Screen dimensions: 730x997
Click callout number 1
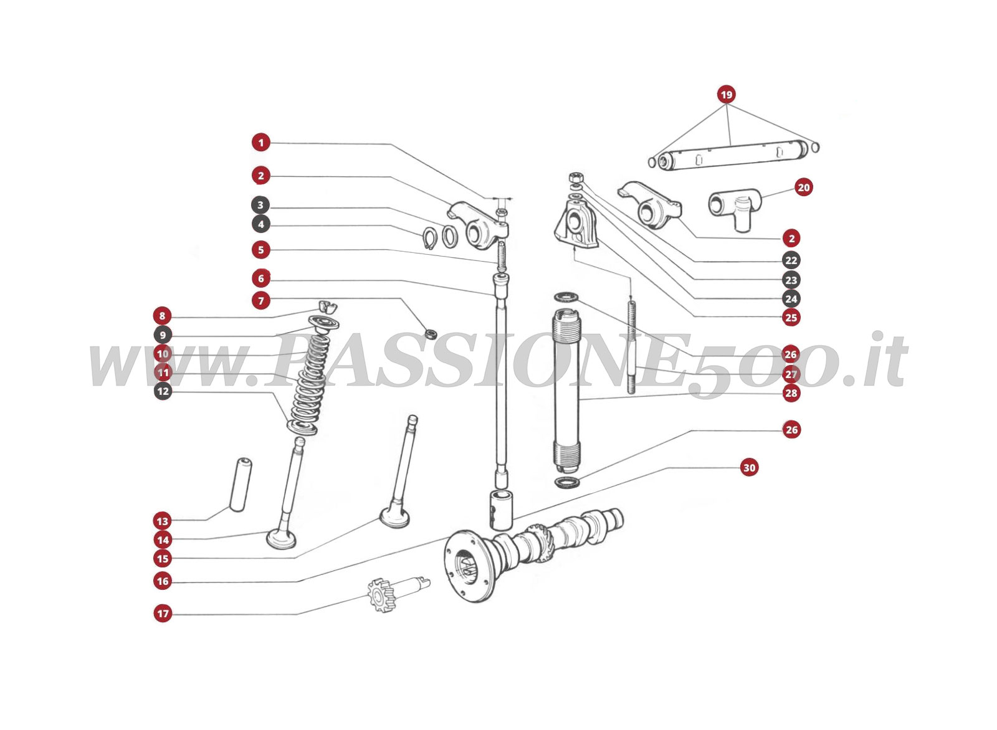tap(261, 143)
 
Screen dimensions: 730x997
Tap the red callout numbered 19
tap(726, 95)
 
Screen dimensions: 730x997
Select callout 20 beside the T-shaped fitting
tap(804, 187)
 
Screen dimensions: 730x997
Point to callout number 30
tap(749, 468)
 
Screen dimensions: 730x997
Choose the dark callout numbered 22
tap(791, 260)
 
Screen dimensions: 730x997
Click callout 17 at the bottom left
tap(163, 614)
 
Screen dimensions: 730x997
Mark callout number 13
tap(163, 521)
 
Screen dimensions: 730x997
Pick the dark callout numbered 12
tap(163, 392)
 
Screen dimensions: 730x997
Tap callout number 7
tap(261, 301)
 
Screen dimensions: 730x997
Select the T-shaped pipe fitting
tap(733, 207)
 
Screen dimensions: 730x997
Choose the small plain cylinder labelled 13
tap(240, 484)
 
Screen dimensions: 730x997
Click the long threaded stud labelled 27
tap(632, 346)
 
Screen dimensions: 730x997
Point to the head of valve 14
tap(284, 538)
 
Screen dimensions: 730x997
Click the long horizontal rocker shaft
tap(732, 155)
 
